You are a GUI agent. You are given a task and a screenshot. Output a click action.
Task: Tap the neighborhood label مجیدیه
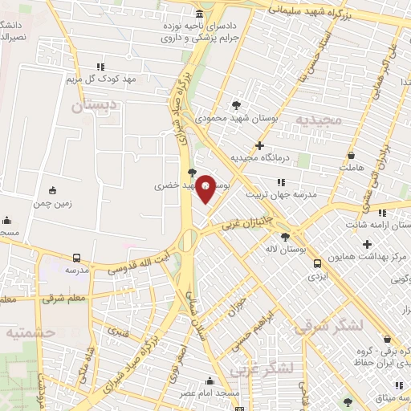(318, 120)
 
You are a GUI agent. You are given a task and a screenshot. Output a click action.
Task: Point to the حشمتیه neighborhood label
(28, 331)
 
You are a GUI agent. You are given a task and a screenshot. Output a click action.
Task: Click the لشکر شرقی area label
(328, 326)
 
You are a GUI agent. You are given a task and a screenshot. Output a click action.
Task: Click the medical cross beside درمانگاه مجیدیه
(259, 145)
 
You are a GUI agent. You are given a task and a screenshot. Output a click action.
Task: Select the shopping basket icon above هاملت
(351, 156)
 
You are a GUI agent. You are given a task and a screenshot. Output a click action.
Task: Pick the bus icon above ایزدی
(317, 262)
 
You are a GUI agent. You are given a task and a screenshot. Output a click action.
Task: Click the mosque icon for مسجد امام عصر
(210, 380)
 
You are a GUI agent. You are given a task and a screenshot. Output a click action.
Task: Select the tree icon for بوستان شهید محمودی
(235, 104)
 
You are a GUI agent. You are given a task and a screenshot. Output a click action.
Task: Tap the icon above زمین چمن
(53, 190)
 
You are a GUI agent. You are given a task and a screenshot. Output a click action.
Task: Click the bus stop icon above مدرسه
(76, 258)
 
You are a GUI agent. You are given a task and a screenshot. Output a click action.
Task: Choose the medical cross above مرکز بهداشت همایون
(367, 243)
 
